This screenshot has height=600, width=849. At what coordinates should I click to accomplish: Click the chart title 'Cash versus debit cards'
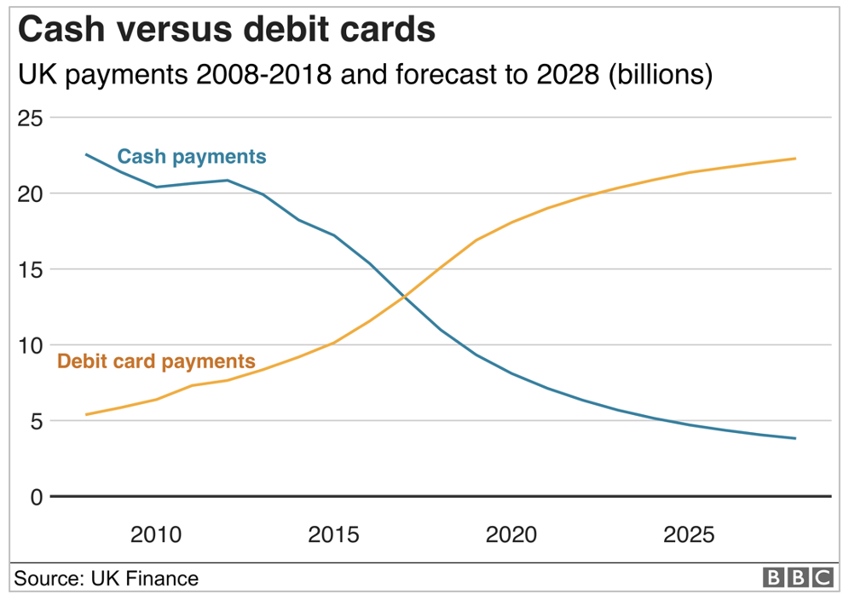pyautogui.click(x=227, y=30)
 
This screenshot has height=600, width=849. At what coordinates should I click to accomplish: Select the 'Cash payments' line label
pyautogui.click(x=192, y=157)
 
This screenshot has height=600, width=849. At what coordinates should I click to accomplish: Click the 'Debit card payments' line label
pyautogui.click(x=156, y=361)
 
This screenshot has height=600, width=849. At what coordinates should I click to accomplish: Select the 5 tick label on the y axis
pyautogui.click(x=35, y=421)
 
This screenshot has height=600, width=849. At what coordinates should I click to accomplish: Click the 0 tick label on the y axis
pyautogui.click(x=35, y=497)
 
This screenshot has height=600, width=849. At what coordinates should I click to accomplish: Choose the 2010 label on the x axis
pyautogui.click(x=156, y=535)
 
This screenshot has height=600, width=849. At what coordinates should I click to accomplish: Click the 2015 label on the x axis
pyautogui.click(x=333, y=535)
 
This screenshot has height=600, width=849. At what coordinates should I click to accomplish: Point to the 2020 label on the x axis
pyautogui.click(x=511, y=535)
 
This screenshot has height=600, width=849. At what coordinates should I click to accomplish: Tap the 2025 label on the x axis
pyautogui.click(x=689, y=535)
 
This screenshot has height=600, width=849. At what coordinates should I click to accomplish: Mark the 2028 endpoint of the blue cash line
pyautogui.click(x=795, y=439)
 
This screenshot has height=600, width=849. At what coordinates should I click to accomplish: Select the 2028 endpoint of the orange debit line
pyautogui.click(x=795, y=159)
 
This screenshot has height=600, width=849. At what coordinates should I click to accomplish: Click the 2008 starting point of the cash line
pyautogui.click(x=86, y=154)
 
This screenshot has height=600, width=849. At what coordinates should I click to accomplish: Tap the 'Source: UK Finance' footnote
pyautogui.click(x=106, y=580)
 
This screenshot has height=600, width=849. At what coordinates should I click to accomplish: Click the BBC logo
pyautogui.click(x=797, y=579)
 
